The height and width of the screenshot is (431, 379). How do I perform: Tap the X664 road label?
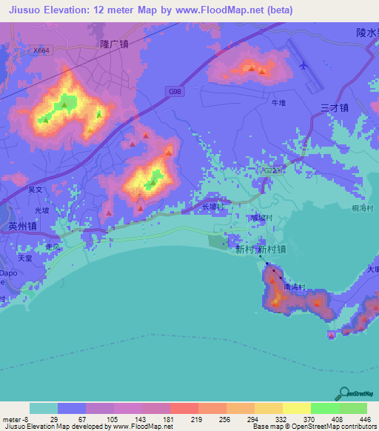coord(42,50)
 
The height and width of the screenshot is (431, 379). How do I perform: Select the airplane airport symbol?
coord(303,65)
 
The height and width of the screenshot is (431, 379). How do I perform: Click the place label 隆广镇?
coord(115,44)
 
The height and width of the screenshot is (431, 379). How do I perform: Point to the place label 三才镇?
coord(335,107)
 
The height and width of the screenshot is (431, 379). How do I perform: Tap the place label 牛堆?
coord(278,103)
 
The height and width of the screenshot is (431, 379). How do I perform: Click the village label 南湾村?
coord(294,284)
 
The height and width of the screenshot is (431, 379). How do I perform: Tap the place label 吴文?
coord(36,190)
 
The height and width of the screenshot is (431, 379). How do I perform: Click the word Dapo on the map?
coord(7,273)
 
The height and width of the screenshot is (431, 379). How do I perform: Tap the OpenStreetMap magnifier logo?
coord(345,393)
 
